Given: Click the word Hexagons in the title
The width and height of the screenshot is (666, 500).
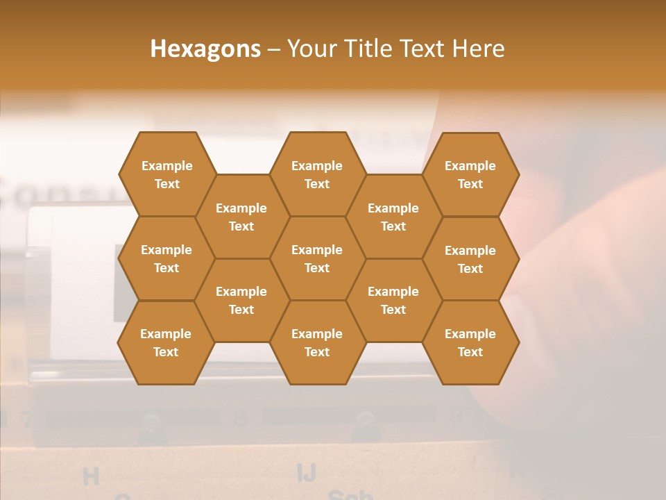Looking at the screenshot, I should point(205,49).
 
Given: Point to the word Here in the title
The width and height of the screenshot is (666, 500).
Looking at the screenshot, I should point(479,49).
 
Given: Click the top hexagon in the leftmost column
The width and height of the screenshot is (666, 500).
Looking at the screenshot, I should point(166,174).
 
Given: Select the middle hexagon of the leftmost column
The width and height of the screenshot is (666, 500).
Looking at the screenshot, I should point(166,258).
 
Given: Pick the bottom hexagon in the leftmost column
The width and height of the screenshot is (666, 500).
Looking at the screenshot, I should point(166,342).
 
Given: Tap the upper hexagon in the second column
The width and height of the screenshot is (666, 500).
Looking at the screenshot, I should point(241,217).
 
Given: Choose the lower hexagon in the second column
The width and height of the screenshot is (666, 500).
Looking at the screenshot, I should point(241,300).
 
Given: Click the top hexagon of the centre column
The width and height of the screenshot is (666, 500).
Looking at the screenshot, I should point(317,174).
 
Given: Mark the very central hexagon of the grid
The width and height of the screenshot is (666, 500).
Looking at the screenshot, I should point(317,258).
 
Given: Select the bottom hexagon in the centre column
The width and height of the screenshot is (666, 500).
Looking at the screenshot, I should point(317,342).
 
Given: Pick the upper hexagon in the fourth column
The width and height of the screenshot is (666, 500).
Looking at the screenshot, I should point(393,217).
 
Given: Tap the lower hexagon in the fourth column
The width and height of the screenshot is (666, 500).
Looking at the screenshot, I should point(393,300).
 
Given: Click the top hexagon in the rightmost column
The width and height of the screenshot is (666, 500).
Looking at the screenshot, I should point(470,174).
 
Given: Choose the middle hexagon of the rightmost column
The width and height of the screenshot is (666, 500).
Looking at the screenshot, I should point(470,259).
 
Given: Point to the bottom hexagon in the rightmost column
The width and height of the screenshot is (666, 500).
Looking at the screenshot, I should point(470,342).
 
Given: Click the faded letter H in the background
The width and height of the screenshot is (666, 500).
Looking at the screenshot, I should point(91,476).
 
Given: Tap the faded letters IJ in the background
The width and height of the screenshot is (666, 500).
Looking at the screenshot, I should point(307,472).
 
